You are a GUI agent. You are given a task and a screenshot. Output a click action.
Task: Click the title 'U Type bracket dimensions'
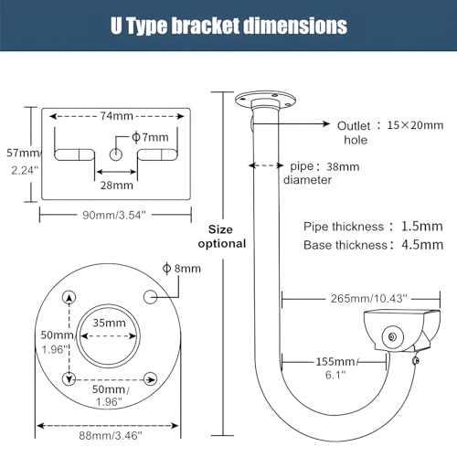pyautogui.click(x=228, y=25)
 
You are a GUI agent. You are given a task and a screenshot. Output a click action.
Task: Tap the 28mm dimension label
pyautogui.click(x=115, y=185)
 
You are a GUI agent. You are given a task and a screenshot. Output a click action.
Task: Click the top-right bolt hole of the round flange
pyautogui.click(x=150, y=296)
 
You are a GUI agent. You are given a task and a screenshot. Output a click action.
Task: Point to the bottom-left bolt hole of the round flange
pyautogui.click(x=69, y=378)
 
